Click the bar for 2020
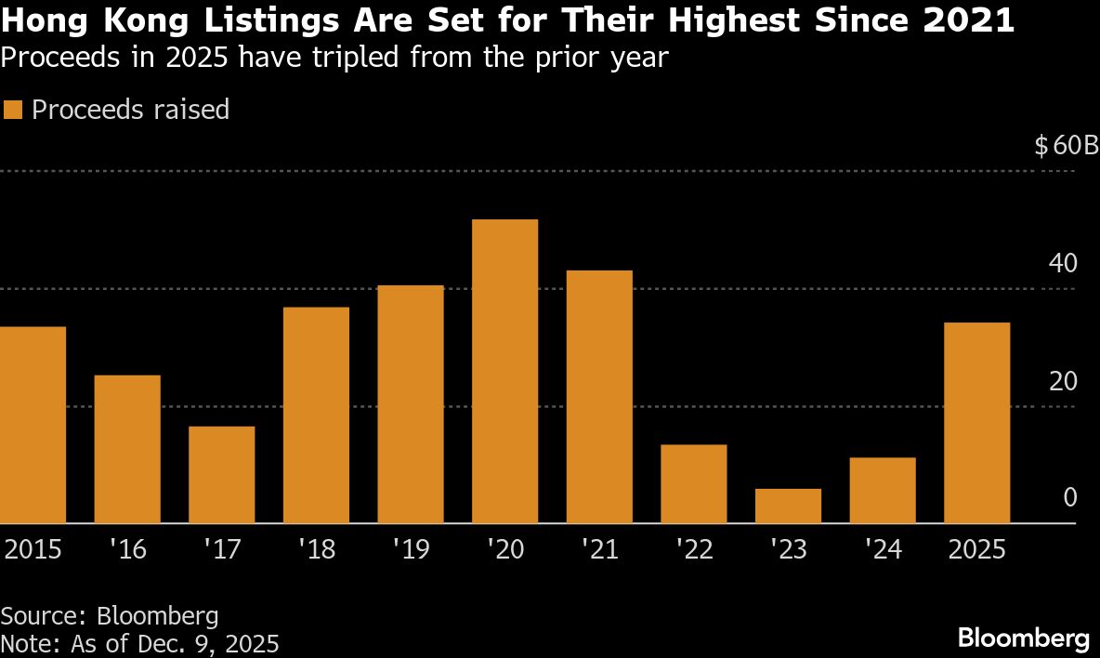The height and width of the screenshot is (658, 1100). click(x=504, y=372)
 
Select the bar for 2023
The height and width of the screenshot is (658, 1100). click(x=788, y=506)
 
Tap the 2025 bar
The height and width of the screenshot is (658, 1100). click(x=976, y=423)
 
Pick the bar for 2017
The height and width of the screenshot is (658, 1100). click(x=221, y=475)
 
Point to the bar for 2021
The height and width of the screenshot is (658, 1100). click(x=599, y=397)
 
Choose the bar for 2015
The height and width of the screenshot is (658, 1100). click(x=33, y=425)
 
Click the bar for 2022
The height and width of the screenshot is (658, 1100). click(x=693, y=484)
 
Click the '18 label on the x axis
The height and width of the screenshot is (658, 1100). click(x=316, y=549)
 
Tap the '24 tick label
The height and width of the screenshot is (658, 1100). click(x=883, y=549)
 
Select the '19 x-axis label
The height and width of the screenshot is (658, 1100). click(x=410, y=549)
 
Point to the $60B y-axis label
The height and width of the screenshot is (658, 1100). click(x=1066, y=146)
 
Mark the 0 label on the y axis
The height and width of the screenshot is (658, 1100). click(x=1070, y=498)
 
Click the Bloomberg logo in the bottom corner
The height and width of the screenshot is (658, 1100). click(x=1023, y=638)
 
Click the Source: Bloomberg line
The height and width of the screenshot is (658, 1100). click(x=110, y=615)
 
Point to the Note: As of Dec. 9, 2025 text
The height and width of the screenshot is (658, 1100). click(x=139, y=643)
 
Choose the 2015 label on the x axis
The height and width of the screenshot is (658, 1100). click(x=33, y=549)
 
